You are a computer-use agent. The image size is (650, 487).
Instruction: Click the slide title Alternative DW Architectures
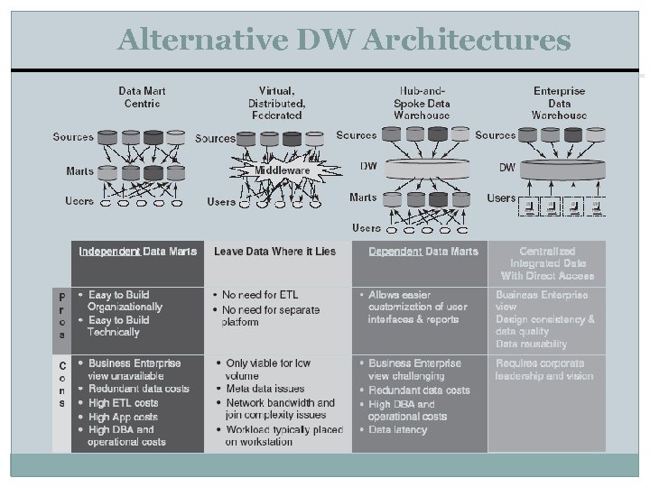(344, 40)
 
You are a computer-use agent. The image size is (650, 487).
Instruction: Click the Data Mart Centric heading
(142, 97)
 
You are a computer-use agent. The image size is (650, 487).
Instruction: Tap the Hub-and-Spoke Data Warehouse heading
(422, 103)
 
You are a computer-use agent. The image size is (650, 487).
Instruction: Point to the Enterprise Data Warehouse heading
(559, 103)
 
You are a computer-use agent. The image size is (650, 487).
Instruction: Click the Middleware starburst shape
(282, 170)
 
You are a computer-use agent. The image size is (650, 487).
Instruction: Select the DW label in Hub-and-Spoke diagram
(368, 166)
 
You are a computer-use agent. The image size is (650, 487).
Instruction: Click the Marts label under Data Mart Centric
(79, 170)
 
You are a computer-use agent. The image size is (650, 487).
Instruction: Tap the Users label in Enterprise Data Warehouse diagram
(501, 198)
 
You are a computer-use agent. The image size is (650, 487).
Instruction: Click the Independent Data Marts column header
(137, 251)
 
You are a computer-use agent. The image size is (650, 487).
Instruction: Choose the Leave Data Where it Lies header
(274, 251)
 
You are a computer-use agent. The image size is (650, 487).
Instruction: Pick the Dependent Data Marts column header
(423, 251)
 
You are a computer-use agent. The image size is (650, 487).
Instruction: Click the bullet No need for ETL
(260, 295)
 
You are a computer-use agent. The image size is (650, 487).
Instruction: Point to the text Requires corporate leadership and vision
(544, 369)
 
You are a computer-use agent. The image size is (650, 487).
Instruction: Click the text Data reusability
(531, 344)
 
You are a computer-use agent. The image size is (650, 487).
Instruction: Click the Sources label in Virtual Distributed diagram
(215, 138)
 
